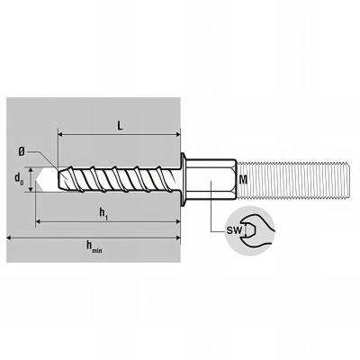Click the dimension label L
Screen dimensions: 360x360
click(x=120, y=127)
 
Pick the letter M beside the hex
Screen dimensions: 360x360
click(x=243, y=180)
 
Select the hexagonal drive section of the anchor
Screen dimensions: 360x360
click(x=212, y=179)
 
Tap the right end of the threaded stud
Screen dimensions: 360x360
click(x=349, y=179)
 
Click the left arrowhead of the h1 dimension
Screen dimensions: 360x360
click(x=39, y=220)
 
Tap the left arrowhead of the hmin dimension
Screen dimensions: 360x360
click(x=10, y=238)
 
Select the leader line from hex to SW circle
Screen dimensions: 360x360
click(x=214, y=216)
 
